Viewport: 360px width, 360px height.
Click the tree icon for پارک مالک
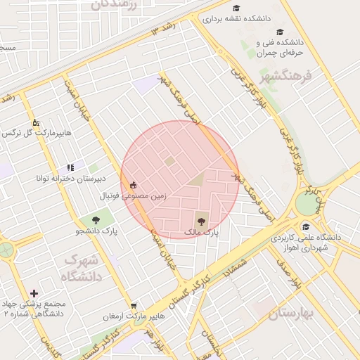pos(201,219)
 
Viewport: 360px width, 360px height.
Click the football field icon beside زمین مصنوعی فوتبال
pos(133,185)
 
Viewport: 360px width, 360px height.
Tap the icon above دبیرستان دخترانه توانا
pos(70,167)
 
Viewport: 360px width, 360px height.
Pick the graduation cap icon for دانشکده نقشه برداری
pos(237,8)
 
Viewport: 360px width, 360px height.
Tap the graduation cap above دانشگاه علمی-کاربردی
pos(306,226)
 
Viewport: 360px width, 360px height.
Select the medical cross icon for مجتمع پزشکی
pos(34,292)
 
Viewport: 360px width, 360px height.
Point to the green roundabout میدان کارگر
pos(307,205)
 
